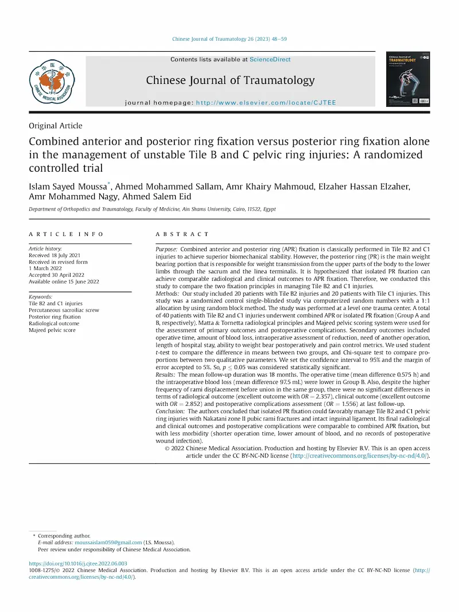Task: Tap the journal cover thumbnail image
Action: (x=407, y=79)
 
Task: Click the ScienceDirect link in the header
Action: (x=270, y=59)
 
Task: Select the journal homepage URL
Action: (x=266, y=103)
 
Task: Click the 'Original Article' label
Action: (x=56, y=126)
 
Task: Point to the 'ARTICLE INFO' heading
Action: (x=67, y=234)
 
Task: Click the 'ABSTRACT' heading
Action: (x=182, y=234)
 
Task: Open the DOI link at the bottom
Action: (x=78, y=564)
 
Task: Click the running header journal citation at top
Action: (x=229, y=39)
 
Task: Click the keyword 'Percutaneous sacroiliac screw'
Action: (x=64, y=310)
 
